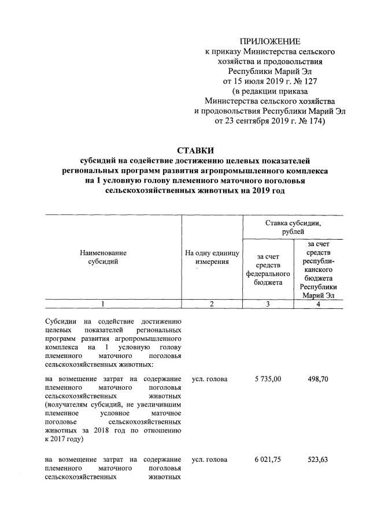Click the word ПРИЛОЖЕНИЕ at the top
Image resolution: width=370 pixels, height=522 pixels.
pos(271,42)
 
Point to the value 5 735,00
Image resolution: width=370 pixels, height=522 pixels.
pos(268,379)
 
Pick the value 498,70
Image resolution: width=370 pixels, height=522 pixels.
pos(318,379)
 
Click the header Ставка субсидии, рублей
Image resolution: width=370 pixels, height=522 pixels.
pos(293,227)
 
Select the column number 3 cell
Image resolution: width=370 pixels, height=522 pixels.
pos(268,304)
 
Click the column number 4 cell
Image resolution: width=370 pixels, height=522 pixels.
pos(318,304)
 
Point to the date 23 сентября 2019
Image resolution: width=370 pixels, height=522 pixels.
pos(260,121)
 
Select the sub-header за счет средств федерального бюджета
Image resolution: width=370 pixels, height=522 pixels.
pos(268,269)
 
